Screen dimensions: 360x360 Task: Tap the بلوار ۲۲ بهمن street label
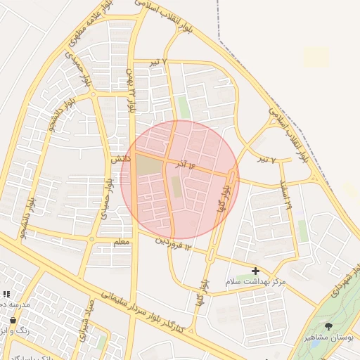click(131, 91)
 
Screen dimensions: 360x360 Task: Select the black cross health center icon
click(255, 271)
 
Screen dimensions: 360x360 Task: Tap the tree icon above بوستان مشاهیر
click(329, 326)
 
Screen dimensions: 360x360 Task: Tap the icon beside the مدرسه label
click(6, 295)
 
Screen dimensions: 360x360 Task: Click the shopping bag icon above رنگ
click(13, 320)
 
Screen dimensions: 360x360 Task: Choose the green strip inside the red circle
click(177, 187)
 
